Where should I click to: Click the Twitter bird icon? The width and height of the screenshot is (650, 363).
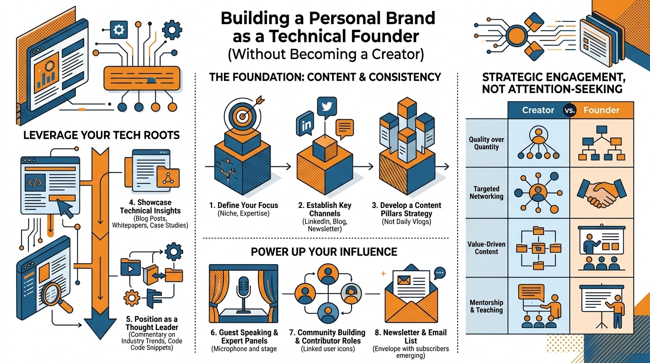(x=325, y=106)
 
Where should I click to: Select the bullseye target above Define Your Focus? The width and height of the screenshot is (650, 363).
(x=241, y=113)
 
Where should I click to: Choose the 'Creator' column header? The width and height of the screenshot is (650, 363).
(x=538, y=110)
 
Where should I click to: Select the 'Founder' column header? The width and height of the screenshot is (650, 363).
(x=601, y=110)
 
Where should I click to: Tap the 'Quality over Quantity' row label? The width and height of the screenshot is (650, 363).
(x=487, y=143)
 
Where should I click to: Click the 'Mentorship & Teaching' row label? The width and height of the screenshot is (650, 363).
(x=487, y=306)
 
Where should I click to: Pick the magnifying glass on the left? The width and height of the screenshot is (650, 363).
(x=56, y=294)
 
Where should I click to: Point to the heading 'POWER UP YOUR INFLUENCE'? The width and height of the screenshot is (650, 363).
(x=324, y=251)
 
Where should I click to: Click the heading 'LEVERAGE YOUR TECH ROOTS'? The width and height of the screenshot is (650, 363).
(x=102, y=135)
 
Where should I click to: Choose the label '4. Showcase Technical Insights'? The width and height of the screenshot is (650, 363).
(x=150, y=207)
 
